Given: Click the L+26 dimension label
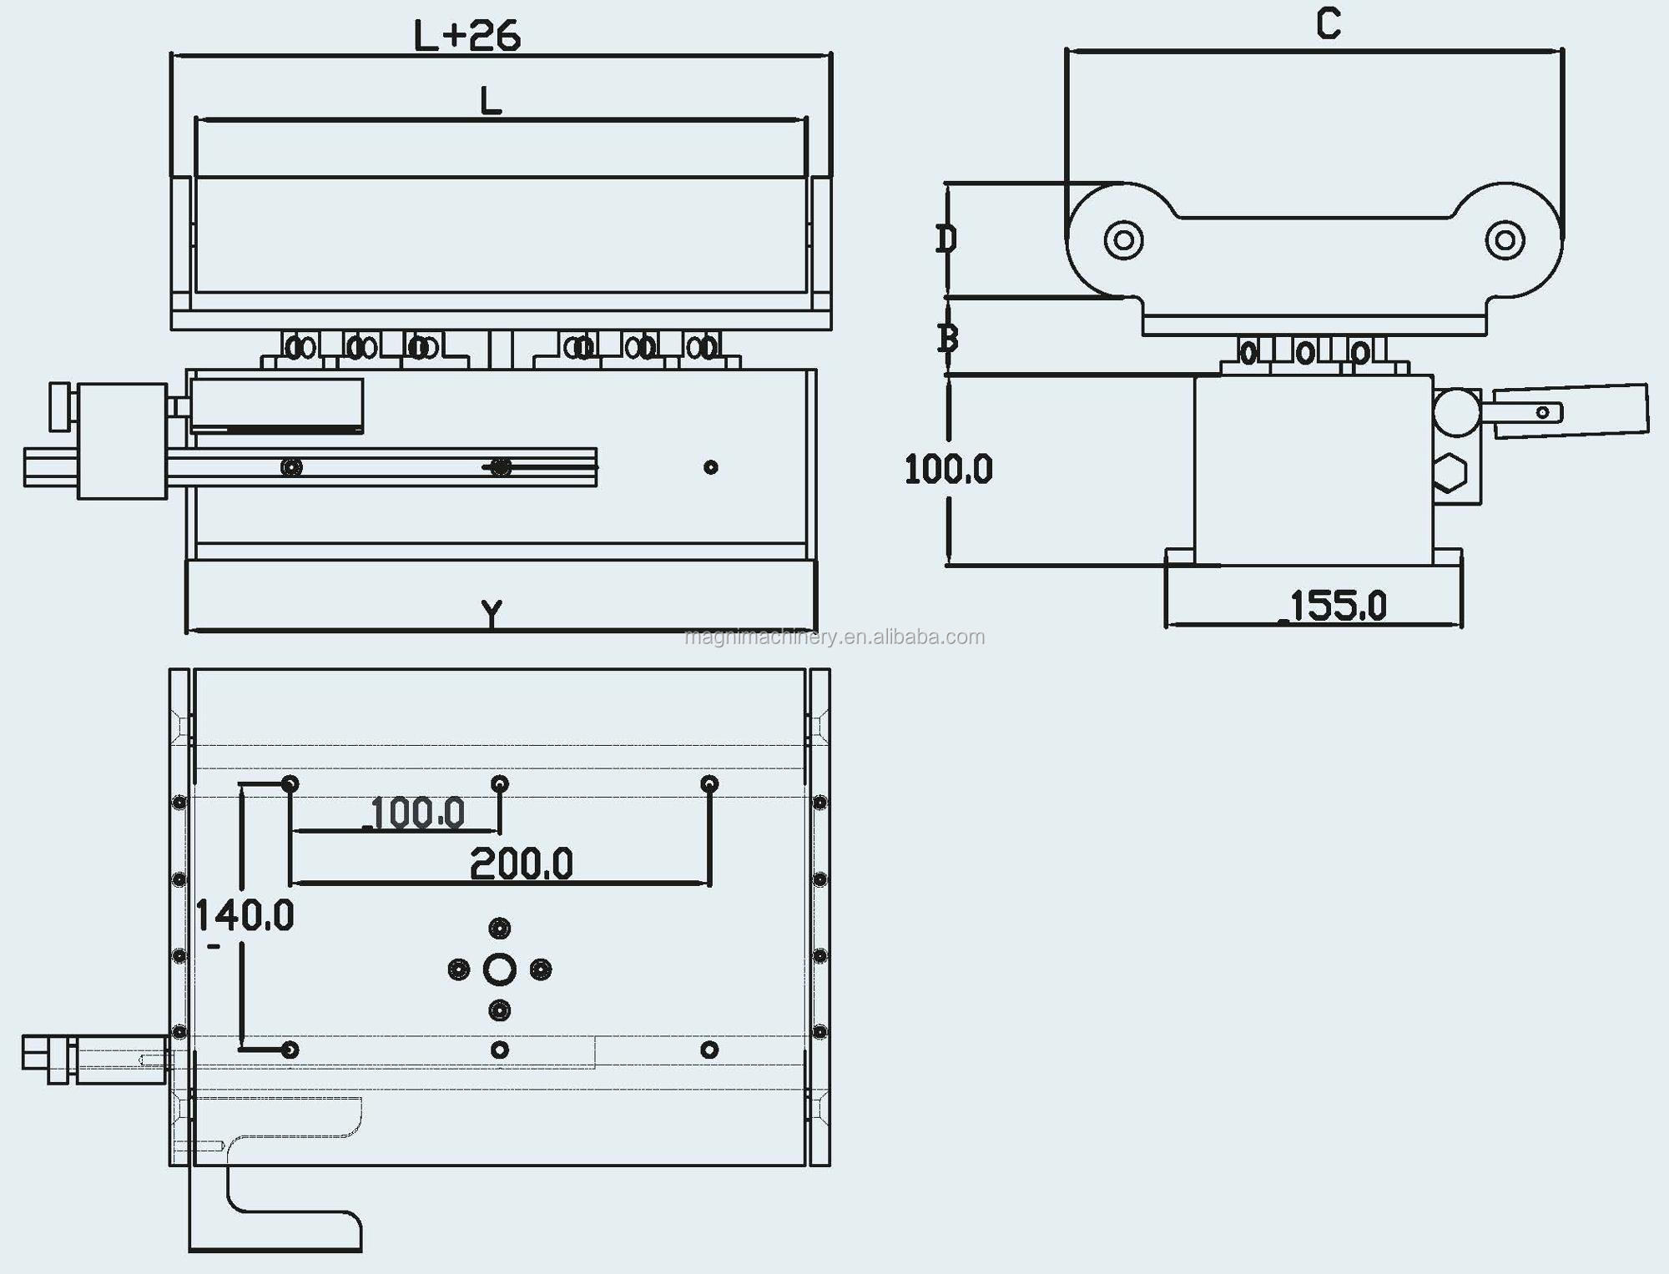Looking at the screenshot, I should pyautogui.click(x=467, y=36).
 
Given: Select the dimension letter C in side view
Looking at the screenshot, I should pyautogui.click(x=1329, y=23).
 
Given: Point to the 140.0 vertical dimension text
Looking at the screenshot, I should pyautogui.click(x=245, y=915).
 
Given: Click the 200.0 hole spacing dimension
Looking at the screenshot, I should pyautogui.click(x=521, y=864).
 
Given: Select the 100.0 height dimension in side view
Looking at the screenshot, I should pyautogui.click(x=949, y=470).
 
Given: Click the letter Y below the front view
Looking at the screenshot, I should pyautogui.click(x=492, y=613).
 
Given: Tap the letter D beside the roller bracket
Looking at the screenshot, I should pyautogui.click(x=945, y=239).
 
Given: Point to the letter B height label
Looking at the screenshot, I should pyautogui.click(x=947, y=338).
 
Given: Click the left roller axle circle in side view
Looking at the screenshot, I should pyautogui.click(x=1123, y=240).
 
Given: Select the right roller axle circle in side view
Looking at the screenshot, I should pyautogui.click(x=1505, y=240).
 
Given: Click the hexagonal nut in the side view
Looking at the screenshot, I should pyautogui.click(x=1450, y=473).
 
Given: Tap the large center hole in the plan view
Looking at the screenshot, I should pyautogui.click(x=499, y=969).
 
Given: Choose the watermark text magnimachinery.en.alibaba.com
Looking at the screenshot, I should pyautogui.click(x=834, y=637).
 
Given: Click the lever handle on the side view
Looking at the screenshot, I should pyautogui.click(x=1569, y=410).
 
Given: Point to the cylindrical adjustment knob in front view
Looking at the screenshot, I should pyautogui.click(x=122, y=441).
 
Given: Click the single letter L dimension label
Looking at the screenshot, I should pyautogui.click(x=491, y=101).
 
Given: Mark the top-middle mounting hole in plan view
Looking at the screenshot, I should pyautogui.click(x=499, y=783).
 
